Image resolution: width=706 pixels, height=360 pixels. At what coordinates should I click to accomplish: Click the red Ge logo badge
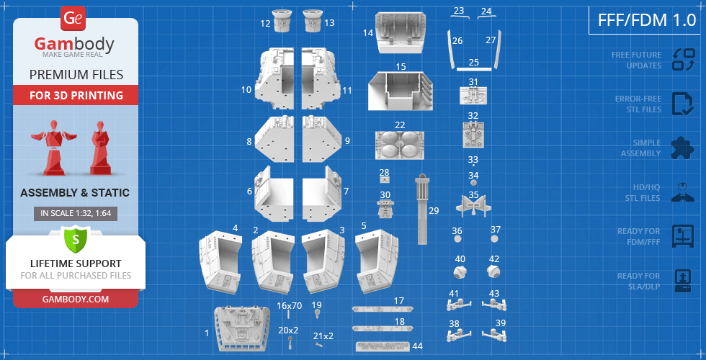click(x=73, y=19)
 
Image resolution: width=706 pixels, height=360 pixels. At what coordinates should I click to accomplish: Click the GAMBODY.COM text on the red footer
click(x=76, y=299)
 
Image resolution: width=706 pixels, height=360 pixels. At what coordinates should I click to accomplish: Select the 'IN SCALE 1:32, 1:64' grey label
click(x=76, y=213)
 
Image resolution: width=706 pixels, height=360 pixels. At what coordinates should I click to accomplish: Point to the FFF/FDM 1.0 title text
click(x=647, y=20)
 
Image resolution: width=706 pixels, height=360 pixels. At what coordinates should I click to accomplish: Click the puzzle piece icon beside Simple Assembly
click(x=682, y=148)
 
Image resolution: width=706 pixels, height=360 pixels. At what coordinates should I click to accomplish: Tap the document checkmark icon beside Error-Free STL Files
click(x=683, y=104)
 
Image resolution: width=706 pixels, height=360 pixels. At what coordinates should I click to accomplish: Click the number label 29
click(x=433, y=210)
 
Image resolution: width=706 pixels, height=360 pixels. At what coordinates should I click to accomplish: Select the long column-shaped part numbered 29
click(x=422, y=210)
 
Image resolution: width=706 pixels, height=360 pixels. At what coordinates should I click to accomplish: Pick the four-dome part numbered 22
click(x=400, y=145)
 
